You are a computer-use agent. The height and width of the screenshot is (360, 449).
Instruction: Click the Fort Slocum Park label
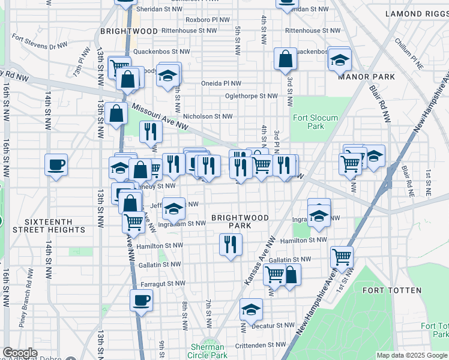(315, 122)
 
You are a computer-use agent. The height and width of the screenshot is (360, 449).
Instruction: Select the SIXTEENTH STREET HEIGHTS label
(47, 226)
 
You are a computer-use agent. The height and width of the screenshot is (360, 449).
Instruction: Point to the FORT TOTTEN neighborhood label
(392, 290)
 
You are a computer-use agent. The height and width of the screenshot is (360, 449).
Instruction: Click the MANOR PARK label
(366, 77)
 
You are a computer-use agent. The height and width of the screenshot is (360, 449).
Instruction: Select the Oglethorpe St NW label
(251, 96)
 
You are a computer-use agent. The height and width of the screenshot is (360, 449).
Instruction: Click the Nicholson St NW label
(208, 117)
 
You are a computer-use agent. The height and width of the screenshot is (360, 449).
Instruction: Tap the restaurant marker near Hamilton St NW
(230, 244)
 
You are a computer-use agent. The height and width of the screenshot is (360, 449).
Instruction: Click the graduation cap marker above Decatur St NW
(252, 310)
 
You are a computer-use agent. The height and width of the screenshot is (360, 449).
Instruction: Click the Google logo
(20, 353)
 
